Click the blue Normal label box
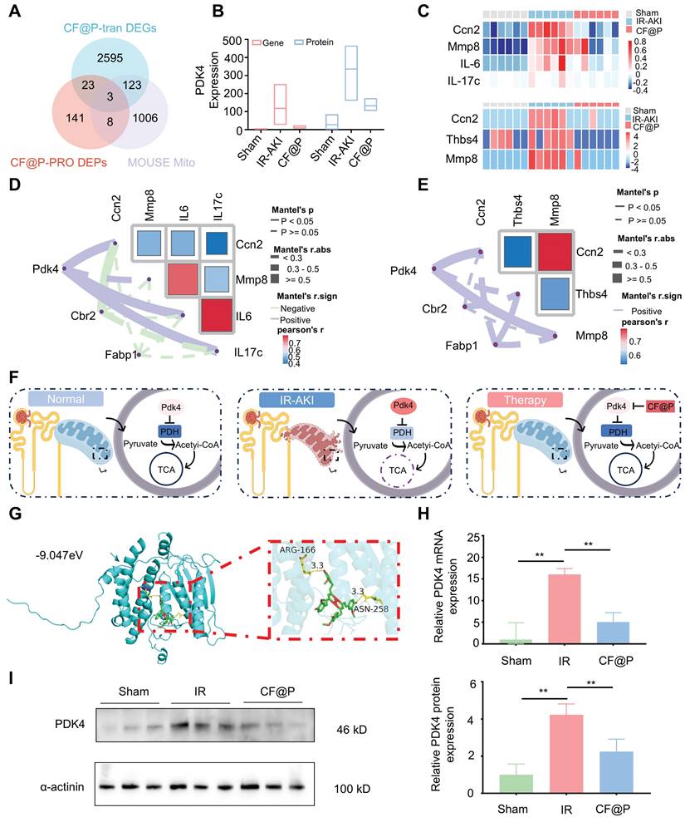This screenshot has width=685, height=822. pos(55,399)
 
